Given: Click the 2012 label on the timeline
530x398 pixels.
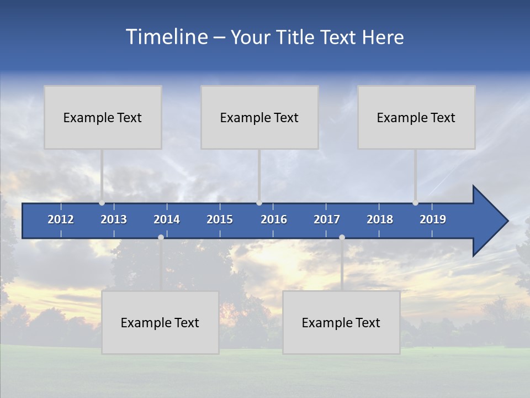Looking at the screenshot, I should pos(61,219).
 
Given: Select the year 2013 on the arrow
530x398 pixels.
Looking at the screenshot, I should pos(114,219).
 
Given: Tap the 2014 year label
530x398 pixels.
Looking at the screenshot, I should pos(167,219).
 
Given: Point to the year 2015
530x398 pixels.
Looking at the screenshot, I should pos(220,219).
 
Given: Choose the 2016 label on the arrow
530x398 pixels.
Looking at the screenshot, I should pos(274,219).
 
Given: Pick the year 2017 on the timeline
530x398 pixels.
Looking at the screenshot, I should pos(327,219).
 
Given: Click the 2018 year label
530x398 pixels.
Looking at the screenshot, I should pos(380,219).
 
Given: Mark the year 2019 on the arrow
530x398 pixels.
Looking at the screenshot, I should pos(433,219).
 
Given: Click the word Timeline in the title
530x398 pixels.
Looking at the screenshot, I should pos(166,37).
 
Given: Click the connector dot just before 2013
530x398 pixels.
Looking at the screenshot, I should pos(102,203).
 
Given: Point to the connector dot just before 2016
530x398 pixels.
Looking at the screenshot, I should pos(259,203).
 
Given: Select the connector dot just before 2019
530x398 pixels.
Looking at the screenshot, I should pos(415,203).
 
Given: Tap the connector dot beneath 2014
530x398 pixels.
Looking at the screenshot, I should pos(161,237).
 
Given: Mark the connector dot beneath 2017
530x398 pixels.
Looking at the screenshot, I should pos(342,237).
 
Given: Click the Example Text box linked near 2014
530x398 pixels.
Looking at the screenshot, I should pos(160,322).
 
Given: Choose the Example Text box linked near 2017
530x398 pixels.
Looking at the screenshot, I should pos(341,322).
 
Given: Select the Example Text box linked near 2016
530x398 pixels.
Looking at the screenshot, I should pos(259,117).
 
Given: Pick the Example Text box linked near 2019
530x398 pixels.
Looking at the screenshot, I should pos(416,117).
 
